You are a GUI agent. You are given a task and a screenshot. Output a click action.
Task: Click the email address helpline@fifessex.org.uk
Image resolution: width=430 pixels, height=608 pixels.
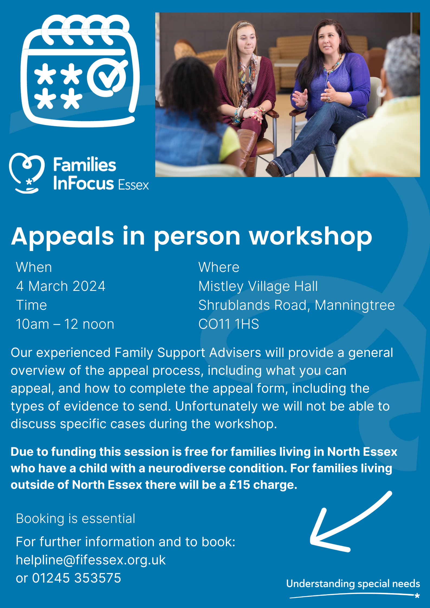91,560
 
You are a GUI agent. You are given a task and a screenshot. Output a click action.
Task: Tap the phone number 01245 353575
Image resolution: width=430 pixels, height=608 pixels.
77,578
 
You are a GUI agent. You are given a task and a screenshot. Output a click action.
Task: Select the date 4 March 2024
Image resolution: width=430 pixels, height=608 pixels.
61,286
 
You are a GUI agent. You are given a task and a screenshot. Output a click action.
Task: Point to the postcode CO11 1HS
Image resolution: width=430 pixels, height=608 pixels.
229,324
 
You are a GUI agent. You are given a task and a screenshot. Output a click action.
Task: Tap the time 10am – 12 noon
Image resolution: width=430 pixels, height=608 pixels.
65,324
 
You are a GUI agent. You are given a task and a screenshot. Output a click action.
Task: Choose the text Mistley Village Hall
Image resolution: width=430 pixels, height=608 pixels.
258,287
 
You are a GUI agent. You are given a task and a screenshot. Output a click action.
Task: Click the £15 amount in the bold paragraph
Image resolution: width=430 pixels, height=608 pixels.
240,485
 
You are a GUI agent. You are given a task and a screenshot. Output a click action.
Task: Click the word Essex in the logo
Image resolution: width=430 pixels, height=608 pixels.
134,185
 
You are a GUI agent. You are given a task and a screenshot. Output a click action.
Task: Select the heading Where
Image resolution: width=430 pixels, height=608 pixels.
219,267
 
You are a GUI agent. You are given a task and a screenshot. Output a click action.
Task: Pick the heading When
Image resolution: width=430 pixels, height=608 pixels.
34,267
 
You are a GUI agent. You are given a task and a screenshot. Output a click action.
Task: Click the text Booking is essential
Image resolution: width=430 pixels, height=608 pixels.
75,519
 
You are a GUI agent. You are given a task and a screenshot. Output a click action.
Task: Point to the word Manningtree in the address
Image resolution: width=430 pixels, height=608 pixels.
355,305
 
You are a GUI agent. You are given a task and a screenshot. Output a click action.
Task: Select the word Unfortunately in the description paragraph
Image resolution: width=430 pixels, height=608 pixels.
216,406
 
